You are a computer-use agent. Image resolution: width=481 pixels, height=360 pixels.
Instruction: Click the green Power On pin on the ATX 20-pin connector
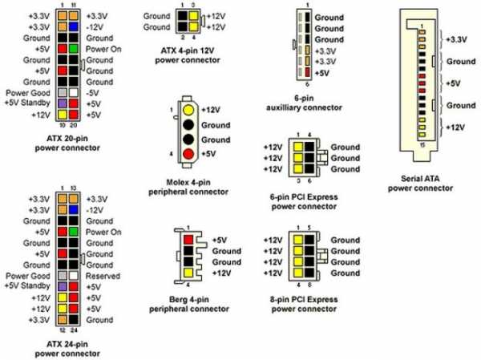point(73,49)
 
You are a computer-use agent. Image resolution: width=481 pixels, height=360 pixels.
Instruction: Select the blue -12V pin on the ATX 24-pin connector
point(73,210)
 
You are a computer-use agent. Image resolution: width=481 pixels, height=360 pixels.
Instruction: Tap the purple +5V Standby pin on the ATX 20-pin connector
point(63,103)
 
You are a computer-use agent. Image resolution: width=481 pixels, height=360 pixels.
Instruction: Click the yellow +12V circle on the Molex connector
point(188,110)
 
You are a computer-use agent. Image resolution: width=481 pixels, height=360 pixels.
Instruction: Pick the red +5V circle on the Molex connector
point(188,154)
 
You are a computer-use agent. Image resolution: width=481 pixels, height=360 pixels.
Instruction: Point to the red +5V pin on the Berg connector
point(188,240)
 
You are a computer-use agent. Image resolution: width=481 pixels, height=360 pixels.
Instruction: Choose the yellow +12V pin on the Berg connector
point(188,273)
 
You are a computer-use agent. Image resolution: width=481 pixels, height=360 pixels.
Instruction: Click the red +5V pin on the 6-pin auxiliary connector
point(307,73)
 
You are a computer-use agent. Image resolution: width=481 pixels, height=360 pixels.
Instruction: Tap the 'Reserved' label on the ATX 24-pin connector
point(103,276)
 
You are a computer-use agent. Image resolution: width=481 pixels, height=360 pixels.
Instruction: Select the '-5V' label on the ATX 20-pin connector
point(93,93)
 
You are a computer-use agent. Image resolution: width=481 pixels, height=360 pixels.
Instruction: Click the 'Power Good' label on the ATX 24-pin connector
point(28,276)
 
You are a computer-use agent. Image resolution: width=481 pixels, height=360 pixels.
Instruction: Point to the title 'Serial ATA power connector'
point(420,184)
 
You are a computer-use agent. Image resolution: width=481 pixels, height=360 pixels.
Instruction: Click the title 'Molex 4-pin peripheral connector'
point(188,187)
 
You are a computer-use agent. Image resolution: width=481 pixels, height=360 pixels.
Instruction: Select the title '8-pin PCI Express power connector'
point(304,304)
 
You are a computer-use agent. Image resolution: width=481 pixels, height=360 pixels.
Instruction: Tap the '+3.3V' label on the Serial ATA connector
point(456,39)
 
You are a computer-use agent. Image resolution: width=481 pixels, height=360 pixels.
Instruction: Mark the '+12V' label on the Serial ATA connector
point(455,127)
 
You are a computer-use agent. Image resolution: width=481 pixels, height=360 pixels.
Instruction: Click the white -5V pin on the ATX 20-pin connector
point(73,93)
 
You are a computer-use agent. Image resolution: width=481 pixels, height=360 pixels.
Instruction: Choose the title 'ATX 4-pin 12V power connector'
point(188,55)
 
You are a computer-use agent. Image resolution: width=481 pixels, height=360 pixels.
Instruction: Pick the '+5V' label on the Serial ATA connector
point(453,83)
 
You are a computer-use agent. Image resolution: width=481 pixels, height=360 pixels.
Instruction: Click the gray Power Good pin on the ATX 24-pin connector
point(63,276)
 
